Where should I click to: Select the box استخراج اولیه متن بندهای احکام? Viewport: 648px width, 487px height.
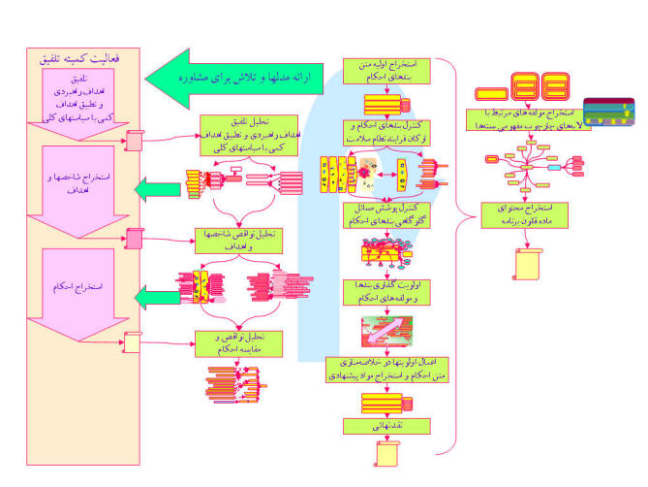pos(386,72)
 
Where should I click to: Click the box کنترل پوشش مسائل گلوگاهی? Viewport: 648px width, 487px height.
pos(386,215)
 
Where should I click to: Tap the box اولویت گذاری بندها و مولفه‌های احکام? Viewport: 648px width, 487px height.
pos(386,291)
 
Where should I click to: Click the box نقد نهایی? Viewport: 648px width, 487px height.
pos(386,425)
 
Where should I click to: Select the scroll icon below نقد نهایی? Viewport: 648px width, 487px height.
pos(386,454)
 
